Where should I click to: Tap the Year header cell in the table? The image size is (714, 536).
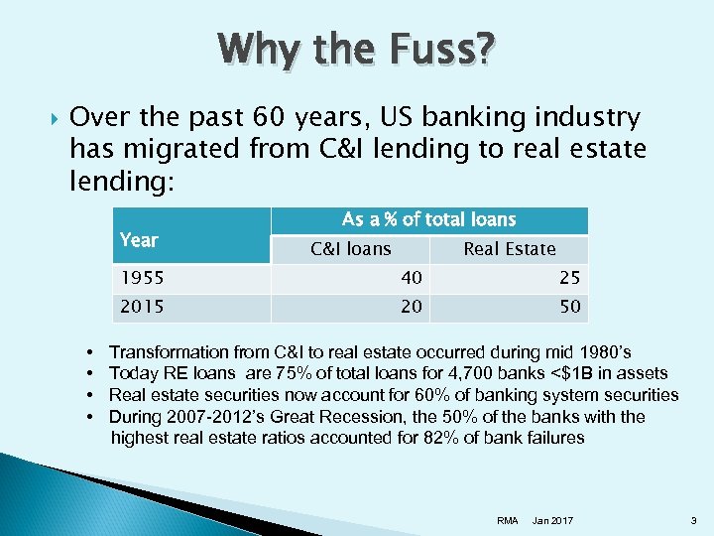click(138, 239)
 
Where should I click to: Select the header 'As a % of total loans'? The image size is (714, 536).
click(428, 219)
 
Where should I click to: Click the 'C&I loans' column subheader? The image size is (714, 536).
click(350, 249)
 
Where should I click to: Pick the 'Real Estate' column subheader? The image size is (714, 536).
click(509, 249)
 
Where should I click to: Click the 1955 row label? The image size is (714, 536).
click(138, 278)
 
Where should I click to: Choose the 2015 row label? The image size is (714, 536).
click(138, 307)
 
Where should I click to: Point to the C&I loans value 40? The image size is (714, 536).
click(411, 278)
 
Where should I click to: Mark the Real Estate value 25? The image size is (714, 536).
click(569, 278)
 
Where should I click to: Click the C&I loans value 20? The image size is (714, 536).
click(411, 307)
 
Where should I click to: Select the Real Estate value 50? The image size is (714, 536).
click(569, 307)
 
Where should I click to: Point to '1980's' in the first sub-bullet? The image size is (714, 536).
click(604, 352)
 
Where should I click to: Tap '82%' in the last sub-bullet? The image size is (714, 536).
click(418, 438)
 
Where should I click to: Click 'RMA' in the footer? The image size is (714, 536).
click(507, 520)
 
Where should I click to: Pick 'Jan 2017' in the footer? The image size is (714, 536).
click(552, 520)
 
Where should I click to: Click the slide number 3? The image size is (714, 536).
click(692, 520)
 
